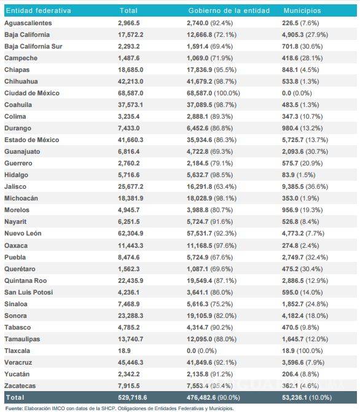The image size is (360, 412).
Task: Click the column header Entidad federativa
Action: pos(38,10)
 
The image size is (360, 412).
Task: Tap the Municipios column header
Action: pos(302,10)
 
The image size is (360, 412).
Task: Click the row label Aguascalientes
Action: pos(28,23)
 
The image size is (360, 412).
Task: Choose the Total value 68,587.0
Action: pos(133,93)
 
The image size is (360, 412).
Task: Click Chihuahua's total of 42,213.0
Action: pos(133,81)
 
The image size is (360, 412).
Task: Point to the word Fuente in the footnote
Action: pos(14,408)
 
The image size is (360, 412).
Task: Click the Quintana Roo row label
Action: pos(26,280)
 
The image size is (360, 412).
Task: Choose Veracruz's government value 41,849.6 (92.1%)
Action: pos(217,362)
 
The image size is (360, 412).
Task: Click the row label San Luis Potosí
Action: pos(29,292)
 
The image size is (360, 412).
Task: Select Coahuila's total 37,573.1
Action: pos(133,105)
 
